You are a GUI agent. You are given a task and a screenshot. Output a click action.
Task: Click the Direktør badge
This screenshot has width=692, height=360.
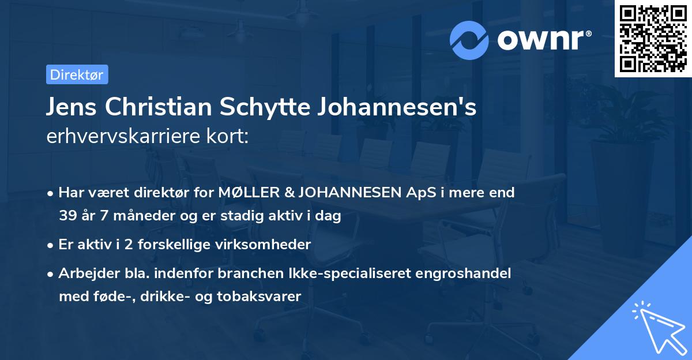click(x=77, y=74)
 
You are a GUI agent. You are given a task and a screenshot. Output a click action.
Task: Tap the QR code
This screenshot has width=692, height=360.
click(x=653, y=39)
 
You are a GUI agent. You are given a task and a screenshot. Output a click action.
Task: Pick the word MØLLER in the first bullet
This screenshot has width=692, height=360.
click(x=245, y=193)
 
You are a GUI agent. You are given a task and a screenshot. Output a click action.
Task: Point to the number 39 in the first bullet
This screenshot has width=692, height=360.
click(x=67, y=216)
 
